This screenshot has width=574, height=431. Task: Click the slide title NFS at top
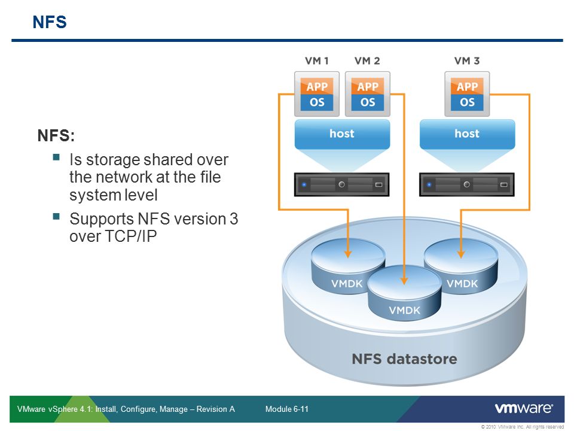[49, 23]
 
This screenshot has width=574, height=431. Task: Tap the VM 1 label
[316, 60]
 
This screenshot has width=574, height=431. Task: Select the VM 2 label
[367, 60]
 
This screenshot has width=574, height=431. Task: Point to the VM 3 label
[467, 60]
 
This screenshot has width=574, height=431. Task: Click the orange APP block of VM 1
[317, 87]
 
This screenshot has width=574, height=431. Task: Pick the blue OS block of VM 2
[368, 102]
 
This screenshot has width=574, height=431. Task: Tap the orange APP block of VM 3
[468, 87]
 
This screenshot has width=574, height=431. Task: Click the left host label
[342, 133]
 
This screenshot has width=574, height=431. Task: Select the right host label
[467, 133]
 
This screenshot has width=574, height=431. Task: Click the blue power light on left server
[304, 184]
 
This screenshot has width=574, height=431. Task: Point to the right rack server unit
[467, 184]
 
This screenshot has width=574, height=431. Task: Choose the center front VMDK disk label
[405, 310]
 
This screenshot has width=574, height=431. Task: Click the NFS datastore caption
[404, 359]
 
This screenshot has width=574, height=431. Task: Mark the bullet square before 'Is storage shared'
[56, 158]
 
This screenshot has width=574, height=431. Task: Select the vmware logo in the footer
[523, 408]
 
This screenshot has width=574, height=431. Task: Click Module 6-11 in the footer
[286, 409]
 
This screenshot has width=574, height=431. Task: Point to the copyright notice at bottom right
[521, 427]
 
